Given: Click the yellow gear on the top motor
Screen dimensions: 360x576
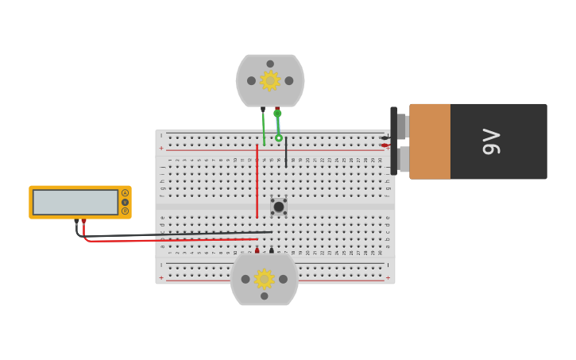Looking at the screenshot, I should (x=270, y=80).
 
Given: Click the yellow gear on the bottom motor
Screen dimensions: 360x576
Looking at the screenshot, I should (x=264, y=279).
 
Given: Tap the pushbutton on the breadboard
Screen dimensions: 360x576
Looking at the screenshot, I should (x=279, y=207).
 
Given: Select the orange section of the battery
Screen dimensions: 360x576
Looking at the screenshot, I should (x=430, y=141).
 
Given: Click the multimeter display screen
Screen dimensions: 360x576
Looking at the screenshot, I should (x=75, y=202).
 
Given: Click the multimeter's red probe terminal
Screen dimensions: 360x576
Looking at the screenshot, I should (x=83, y=222).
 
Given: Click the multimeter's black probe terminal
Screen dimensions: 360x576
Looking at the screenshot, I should (x=76, y=222).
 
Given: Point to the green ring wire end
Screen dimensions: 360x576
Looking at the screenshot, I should (x=279, y=138).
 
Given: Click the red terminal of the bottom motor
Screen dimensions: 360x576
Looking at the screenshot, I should (x=257, y=250).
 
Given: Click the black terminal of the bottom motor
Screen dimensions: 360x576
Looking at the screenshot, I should (x=271, y=250).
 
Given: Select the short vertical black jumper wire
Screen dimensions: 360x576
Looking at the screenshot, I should (x=286, y=151).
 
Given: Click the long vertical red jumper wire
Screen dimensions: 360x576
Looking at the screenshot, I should (x=257, y=181).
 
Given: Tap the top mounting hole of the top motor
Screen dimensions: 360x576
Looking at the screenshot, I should (x=270, y=64).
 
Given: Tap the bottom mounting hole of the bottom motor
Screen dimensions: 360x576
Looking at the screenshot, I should (x=265, y=296).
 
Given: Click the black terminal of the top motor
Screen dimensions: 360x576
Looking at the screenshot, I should (x=263, y=110).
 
